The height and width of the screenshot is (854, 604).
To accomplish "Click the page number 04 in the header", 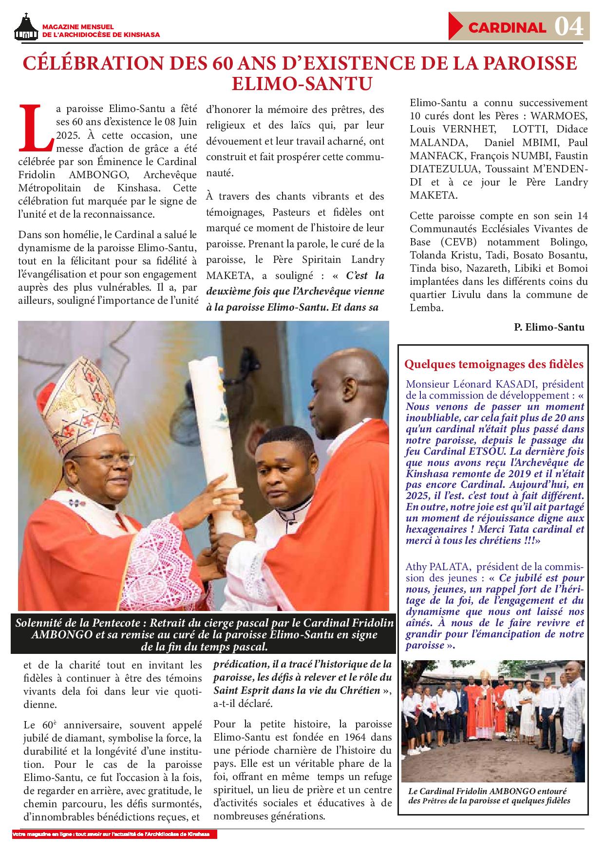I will click(569, 27).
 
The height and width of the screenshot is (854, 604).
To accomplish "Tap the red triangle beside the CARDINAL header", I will click(456, 27).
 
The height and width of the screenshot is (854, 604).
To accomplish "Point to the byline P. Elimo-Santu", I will click(548, 327).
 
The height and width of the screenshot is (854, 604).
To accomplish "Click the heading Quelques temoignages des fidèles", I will click(494, 364).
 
